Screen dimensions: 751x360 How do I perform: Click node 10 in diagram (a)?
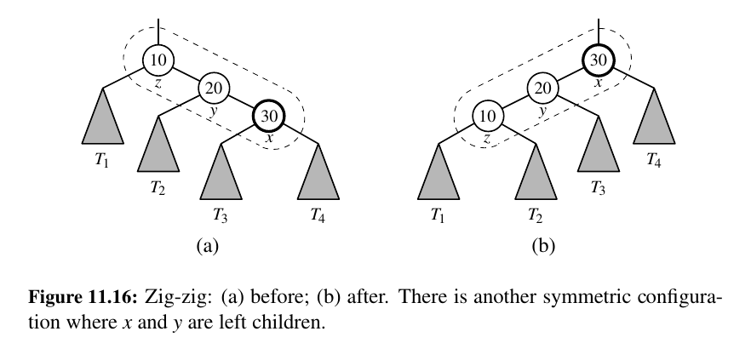point(158,60)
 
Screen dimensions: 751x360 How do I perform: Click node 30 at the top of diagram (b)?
point(599,60)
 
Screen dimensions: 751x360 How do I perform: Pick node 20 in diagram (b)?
point(543,88)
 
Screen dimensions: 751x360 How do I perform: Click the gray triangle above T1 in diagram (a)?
point(103,121)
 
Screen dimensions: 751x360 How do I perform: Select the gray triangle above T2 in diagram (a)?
point(158,149)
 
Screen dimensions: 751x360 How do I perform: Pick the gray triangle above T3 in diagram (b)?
point(599,149)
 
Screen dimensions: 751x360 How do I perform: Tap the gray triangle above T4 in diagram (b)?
point(654,121)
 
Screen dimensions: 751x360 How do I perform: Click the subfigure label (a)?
point(208,246)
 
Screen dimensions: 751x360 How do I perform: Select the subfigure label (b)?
point(542,246)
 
